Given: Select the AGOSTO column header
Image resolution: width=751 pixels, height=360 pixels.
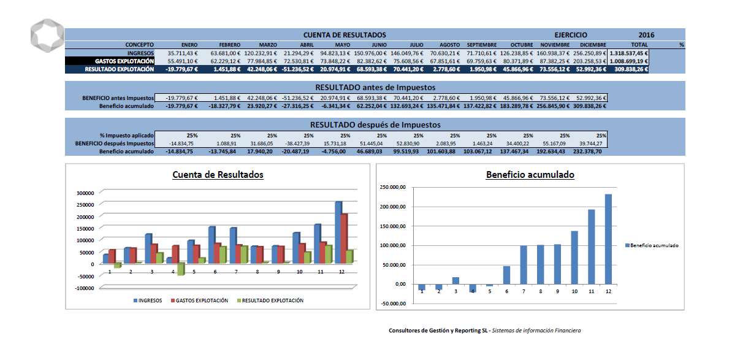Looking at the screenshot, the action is pyautogui.click(x=449, y=45).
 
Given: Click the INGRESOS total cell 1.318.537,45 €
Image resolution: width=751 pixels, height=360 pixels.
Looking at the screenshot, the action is pyautogui.click(x=628, y=53).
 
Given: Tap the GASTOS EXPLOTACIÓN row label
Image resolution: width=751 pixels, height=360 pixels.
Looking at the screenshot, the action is pyautogui.click(x=124, y=61).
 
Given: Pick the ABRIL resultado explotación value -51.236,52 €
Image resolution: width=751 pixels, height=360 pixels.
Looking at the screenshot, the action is pyautogui.click(x=298, y=69).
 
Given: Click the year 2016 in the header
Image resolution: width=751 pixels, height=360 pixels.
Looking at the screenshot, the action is pyautogui.click(x=646, y=35).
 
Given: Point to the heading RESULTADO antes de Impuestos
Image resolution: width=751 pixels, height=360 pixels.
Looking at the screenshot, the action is pyautogui.click(x=375, y=87).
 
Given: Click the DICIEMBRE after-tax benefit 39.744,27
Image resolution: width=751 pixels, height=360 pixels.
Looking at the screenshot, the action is pyautogui.click(x=591, y=144).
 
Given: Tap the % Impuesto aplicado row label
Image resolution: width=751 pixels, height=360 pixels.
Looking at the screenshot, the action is pyautogui.click(x=126, y=136).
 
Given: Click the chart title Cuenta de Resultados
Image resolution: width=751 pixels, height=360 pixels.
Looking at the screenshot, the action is pyautogui.click(x=218, y=174).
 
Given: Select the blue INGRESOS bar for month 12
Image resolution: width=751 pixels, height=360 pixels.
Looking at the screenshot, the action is pyautogui.click(x=338, y=232).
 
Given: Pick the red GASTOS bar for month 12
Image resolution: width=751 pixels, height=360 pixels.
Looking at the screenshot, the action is pyautogui.click(x=345, y=238).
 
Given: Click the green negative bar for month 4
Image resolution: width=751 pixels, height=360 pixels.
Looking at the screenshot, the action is pyautogui.click(x=181, y=269).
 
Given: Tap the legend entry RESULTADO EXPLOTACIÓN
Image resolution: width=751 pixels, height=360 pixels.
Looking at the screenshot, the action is pyautogui.click(x=270, y=301).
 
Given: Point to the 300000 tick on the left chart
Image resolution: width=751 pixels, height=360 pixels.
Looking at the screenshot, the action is pyautogui.click(x=85, y=193).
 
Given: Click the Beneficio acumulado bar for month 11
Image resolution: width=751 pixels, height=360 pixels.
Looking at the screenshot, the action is pyautogui.click(x=592, y=247).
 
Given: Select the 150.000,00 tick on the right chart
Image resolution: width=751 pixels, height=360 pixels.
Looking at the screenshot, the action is pyautogui.click(x=392, y=226).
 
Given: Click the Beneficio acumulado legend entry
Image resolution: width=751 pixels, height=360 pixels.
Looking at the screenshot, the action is pyautogui.click(x=652, y=245).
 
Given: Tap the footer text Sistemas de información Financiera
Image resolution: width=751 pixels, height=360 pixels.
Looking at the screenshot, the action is pyautogui.click(x=536, y=331).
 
